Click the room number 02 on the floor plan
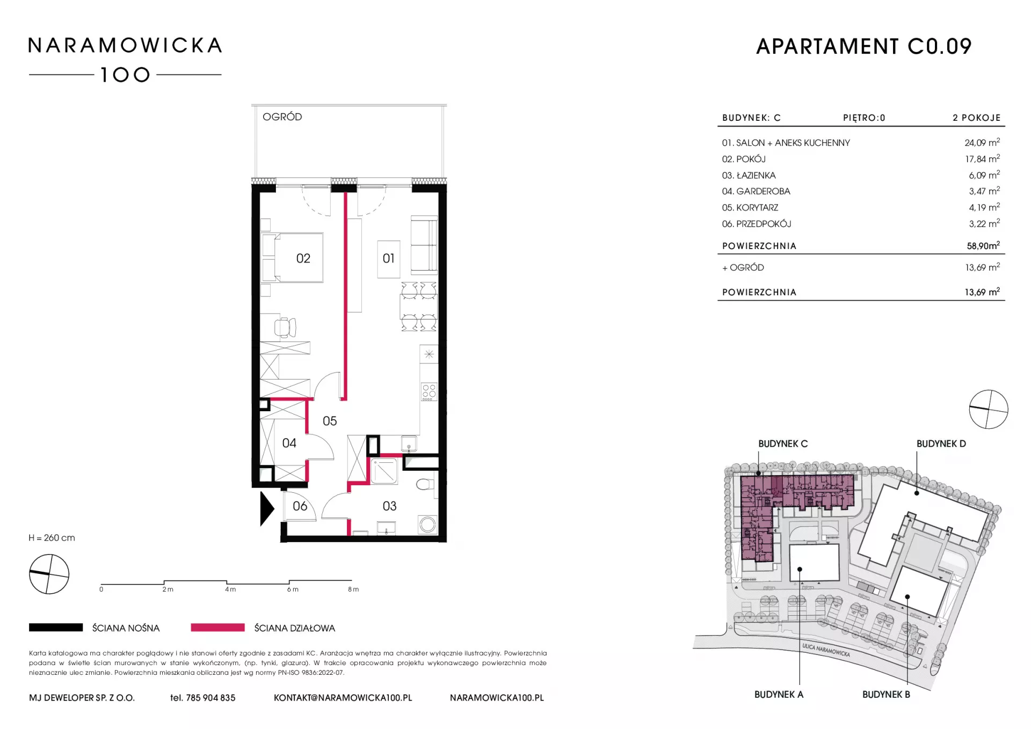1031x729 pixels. [x=303, y=258]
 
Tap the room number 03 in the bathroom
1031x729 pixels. [x=389, y=506]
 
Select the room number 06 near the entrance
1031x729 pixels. [x=300, y=506]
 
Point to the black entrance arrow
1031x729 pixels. [x=267, y=508]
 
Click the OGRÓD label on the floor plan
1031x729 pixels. [x=282, y=116]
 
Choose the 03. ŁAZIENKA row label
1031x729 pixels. [x=749, y=176]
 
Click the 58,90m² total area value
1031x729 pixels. [x=983, y=246]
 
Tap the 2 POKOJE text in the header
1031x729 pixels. [x=977, y=118]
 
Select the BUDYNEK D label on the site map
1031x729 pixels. [x=941, y=443]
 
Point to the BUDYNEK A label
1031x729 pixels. [x=779, y=694]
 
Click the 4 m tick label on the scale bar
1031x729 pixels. [x=230, y=589]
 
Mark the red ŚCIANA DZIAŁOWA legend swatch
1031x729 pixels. [x=217, y=627]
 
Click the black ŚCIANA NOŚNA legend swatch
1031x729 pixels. [x=56, y=627]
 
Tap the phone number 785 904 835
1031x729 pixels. [x=210, y=698]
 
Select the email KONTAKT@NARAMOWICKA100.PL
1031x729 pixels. [x=343, y=698]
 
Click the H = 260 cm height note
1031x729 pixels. [x=52, y=538]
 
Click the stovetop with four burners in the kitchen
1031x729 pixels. [x=429, y=392]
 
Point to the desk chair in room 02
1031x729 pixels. [x=285, y=327]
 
